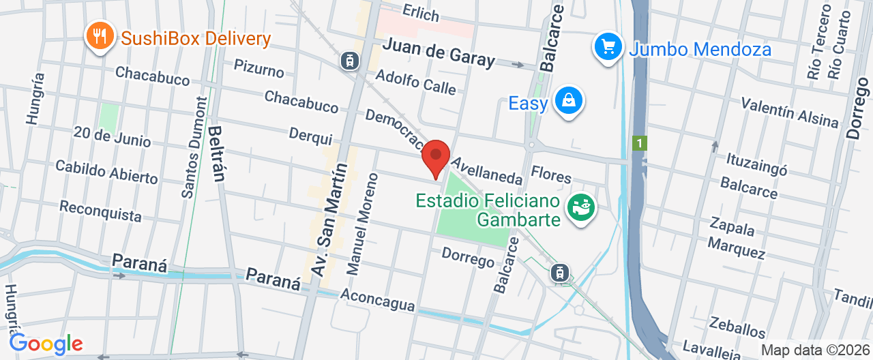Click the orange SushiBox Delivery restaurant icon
click(x=101, y=36)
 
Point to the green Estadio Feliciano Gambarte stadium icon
click(x=582, y=207)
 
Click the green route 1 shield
click(x=640, y=143)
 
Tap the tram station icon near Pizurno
click(x=350, y=61)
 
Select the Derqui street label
click(x=310, y=136)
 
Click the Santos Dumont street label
click(x=194, y=147)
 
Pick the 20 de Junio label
click(x=113, y=136)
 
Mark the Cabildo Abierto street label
click(x=106, y=172)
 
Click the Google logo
click(x=46, y=343)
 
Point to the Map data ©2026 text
click(x=814, y=350)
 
